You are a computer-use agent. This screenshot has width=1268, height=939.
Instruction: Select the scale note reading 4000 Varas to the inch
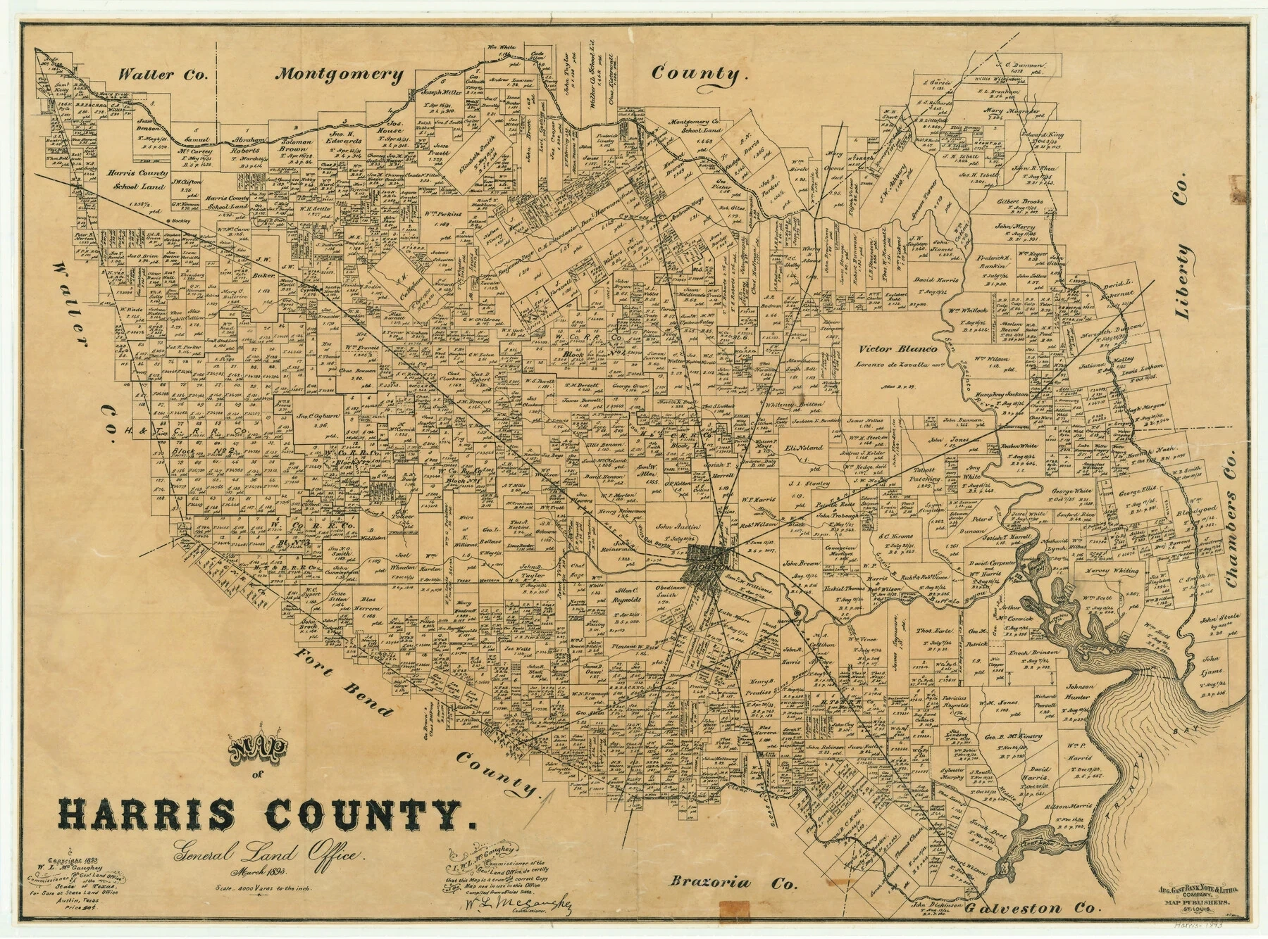click(x=265, y=889)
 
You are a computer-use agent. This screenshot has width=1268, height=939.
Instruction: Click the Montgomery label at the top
click(x=340, y=75)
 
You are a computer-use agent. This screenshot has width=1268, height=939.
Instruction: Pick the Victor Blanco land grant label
click(x=895, y=348)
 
